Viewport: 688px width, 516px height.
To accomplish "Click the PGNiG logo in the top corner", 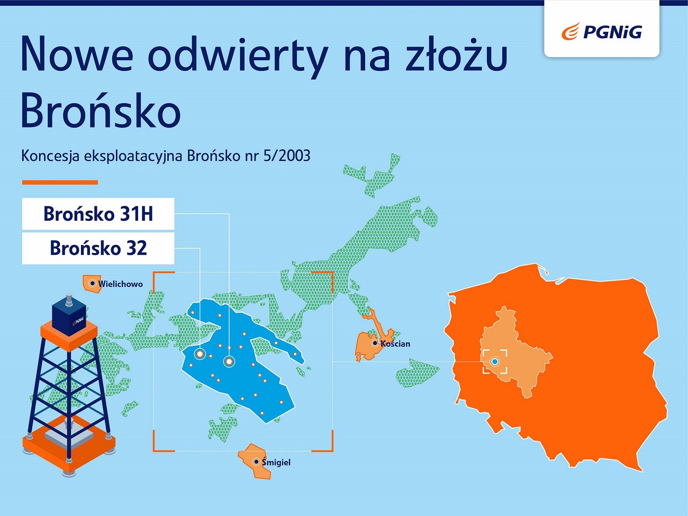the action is (x=602, y=32).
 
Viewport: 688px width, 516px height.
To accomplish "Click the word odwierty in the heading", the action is (x=238, y=55).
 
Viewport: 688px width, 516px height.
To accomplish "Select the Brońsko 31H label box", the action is (x=98, y=214).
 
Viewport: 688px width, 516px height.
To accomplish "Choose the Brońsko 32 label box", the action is (x=98, y=248).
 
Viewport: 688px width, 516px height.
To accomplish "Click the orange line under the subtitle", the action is (x=60, y=183).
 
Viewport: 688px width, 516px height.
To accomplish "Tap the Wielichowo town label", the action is (x=120, y=284).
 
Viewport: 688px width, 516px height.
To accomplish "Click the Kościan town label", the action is (x=395, y=343).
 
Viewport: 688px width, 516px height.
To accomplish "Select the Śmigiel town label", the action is (x=276, y=462).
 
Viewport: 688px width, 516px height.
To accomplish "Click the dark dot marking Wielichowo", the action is (x=93, y=284).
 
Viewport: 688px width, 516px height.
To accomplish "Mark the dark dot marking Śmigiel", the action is (x=256, y=462).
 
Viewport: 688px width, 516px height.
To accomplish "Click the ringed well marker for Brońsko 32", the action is (x=200, y=354).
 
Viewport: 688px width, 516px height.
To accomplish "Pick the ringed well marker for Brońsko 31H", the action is (x=229, y=361).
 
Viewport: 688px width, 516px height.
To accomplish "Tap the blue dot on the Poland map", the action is (x=495, y=361).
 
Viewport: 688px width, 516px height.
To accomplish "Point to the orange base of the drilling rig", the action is (x=69, y=442).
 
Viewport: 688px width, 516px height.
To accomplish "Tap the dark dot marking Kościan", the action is (x=375, y=343).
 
